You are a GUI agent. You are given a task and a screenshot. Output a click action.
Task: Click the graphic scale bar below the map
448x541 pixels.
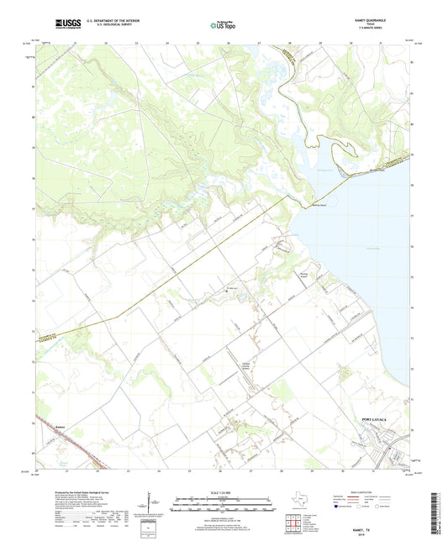coord(224,505)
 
